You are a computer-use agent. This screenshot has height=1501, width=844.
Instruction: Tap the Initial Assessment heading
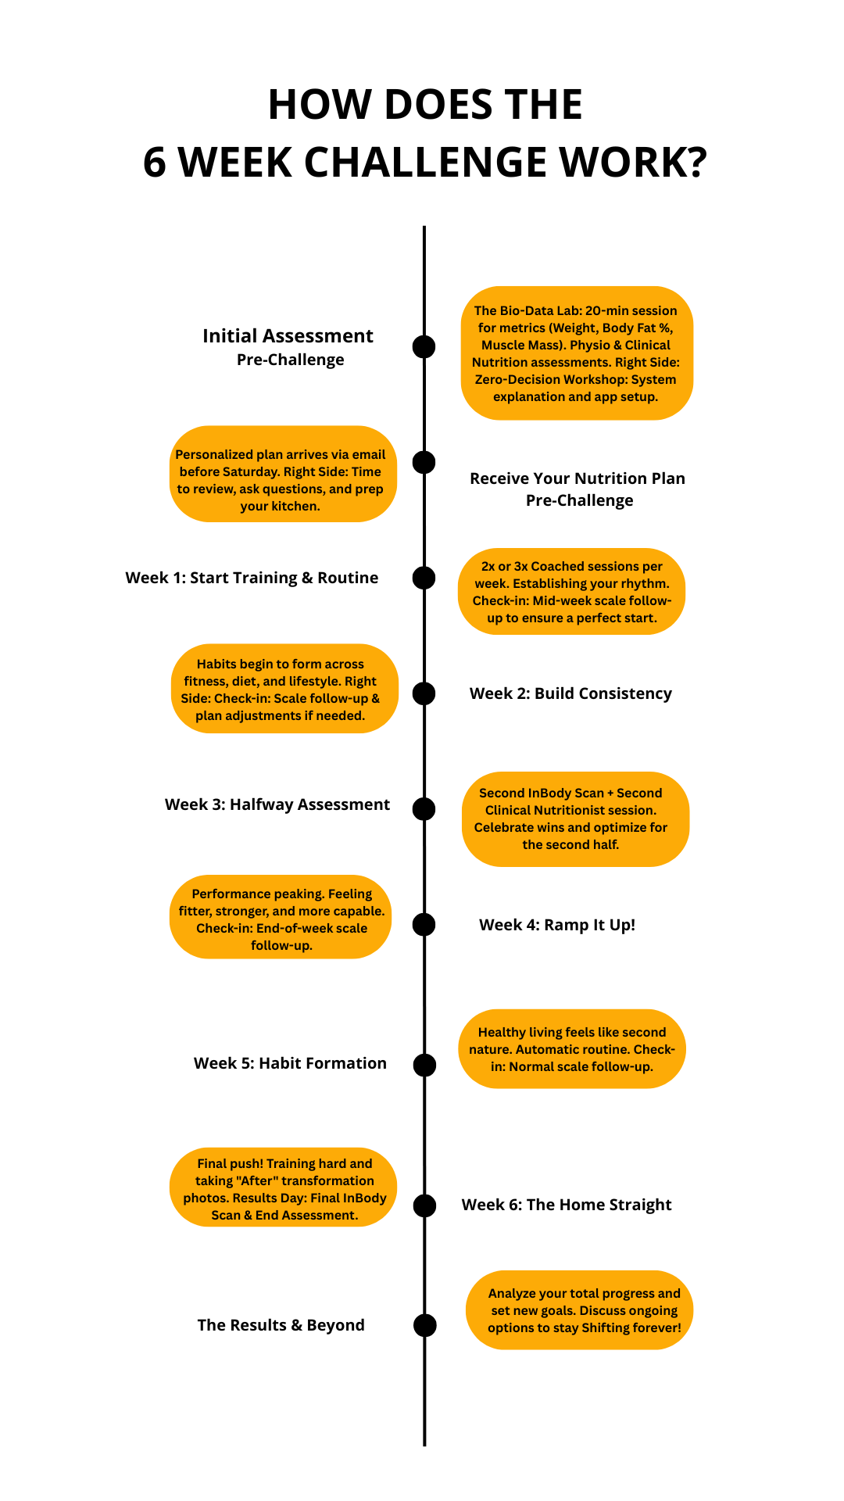click(288, 336)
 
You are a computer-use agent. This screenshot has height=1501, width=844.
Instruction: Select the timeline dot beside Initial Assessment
click(424, 346)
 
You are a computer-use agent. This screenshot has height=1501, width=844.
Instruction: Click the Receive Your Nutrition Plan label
click(578, 478)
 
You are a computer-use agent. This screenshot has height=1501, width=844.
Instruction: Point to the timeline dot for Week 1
click(424, 578)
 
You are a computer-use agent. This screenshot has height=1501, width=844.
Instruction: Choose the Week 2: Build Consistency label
click(570, 693)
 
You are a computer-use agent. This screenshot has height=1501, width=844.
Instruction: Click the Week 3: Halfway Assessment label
click(277, 804)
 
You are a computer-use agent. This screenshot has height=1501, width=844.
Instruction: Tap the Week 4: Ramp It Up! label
click(557, 925)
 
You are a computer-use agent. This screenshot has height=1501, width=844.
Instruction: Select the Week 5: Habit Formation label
click(290, 1063)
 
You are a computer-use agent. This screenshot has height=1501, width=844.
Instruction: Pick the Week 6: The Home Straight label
click(567, 1205)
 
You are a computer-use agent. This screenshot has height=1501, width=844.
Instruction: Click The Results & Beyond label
click(281, 1325)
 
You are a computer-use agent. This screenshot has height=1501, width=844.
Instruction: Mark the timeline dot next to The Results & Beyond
click(424, 1325)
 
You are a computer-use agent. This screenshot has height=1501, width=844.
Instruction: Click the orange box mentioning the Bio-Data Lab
click(577, 353)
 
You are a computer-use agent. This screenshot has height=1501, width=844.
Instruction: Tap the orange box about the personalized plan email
click(282, 474)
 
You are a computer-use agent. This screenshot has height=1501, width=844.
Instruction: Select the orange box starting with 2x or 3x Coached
click(571, 592)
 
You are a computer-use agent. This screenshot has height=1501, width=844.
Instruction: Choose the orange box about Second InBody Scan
click(575, 819)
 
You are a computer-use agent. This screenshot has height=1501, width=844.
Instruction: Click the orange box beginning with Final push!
click(283, 1188)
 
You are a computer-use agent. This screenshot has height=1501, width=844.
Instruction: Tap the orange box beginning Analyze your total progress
click(579, 1310)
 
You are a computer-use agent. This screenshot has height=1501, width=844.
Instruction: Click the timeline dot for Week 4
click(424, 925)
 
